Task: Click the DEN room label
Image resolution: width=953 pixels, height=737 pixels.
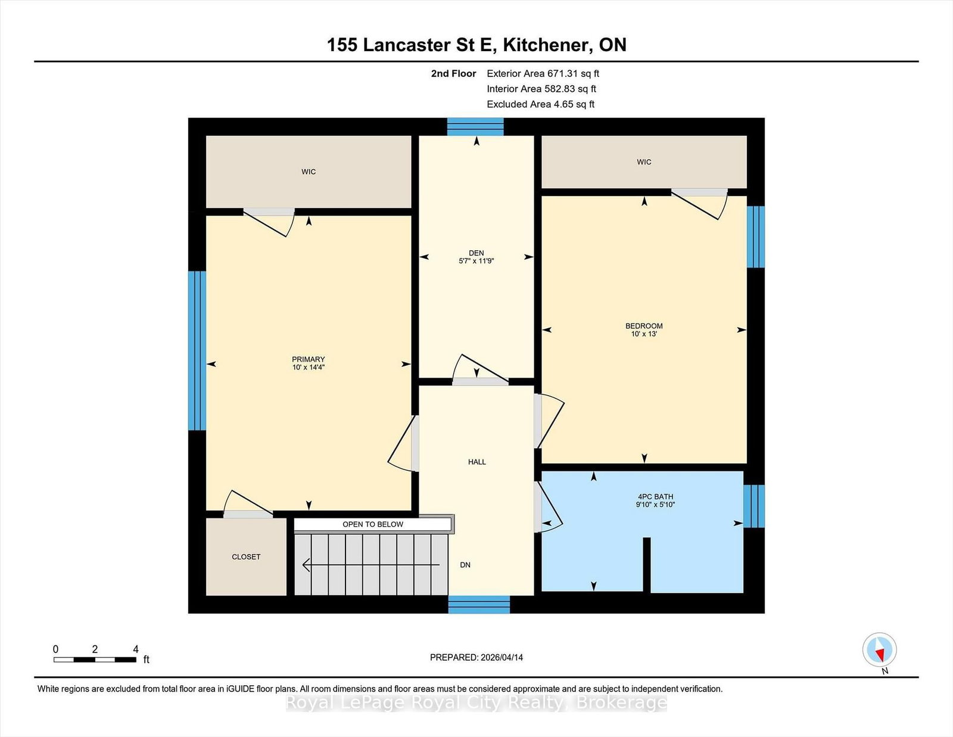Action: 476,253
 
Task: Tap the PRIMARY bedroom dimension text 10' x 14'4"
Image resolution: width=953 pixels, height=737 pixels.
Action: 309,367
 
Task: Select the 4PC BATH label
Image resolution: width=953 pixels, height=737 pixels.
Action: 655,497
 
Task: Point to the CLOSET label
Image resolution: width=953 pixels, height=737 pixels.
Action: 246,556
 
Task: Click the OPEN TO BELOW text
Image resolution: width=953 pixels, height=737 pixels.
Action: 373,524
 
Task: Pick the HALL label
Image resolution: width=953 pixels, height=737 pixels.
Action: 476,462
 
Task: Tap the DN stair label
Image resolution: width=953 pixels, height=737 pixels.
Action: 465,565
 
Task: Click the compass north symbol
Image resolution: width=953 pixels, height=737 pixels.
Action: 879,650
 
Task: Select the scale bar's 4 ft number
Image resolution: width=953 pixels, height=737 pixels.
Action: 136,649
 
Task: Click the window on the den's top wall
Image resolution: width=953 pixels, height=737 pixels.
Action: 475,127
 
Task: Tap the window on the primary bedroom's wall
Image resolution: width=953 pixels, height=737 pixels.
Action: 197,350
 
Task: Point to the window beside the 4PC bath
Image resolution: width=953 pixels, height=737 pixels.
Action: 754,506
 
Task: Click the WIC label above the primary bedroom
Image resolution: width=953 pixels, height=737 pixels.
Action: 309,172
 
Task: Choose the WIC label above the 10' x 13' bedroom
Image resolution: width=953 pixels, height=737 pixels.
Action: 644,162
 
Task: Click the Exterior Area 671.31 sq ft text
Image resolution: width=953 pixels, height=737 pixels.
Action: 543,74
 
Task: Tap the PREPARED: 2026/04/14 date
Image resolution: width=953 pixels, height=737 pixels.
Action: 476,658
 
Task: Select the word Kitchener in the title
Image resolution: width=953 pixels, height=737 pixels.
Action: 546,45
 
